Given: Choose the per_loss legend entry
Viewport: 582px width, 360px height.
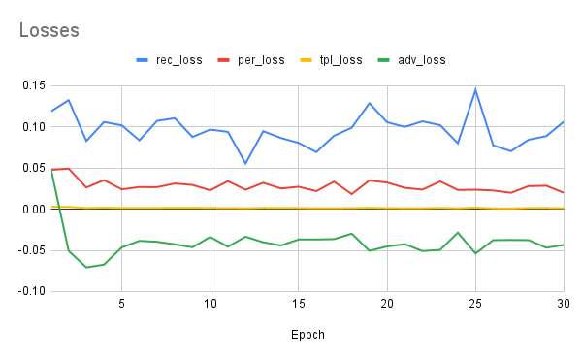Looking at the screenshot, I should [x=260, y=60].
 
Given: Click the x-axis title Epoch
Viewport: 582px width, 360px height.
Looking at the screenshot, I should [x=307, y=335].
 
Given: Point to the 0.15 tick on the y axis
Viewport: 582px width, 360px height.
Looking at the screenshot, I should [x=32, y=85].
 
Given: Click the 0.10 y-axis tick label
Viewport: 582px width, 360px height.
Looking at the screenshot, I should [x=32, y=127].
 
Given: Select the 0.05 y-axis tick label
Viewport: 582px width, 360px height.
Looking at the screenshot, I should [x=32, y=168].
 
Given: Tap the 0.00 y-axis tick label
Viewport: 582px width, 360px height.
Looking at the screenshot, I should [x=32, y=209].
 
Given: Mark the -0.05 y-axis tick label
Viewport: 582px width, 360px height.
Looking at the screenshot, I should [x=30, y=250].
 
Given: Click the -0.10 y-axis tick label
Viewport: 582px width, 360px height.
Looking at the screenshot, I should [x=30, y=291].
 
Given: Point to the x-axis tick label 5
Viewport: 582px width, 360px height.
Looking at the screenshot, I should [x=121, y=304].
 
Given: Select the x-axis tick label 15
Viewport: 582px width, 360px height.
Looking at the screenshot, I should [x=299, y=304].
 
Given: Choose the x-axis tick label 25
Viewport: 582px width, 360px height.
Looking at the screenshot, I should [x=475, y=304].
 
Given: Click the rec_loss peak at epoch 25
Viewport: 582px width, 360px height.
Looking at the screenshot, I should [x=475, y=90].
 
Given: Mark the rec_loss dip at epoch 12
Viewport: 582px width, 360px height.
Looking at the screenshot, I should [x=245, y=163].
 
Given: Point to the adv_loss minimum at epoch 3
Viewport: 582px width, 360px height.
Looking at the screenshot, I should [x=86, y=267].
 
